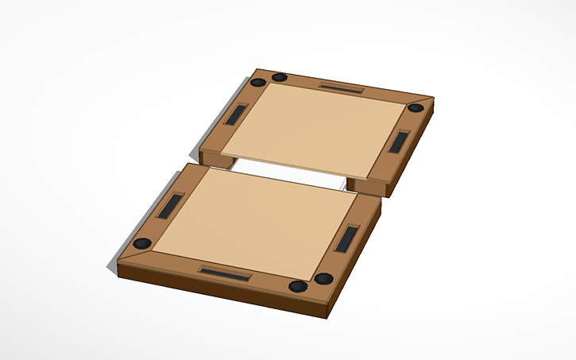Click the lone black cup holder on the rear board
[x=415, y=108]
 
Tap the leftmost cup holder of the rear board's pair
[x=257, y=83]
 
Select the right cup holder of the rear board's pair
[x=280, y=77]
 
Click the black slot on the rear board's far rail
[x=341, y=87]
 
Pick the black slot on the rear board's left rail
[x=237, y=115]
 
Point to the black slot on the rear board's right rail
[x=399, y=141]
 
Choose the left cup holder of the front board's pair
[x=296, y=286]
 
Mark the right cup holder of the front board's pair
[x=323, y=279]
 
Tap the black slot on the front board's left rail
[x=172, y=206]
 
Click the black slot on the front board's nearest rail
[x=225, y=273]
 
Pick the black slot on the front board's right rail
[x=347, y=238]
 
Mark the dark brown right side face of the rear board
[x=413, y=151]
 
